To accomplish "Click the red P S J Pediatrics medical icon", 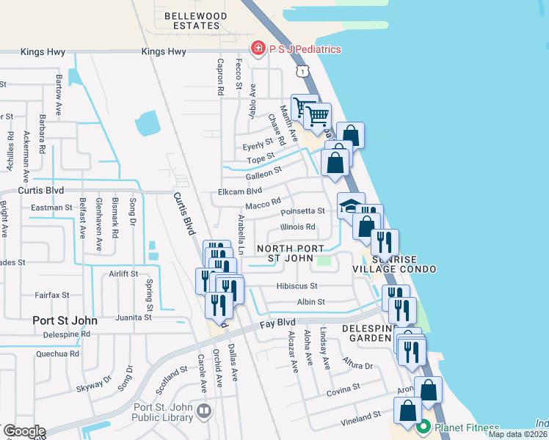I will point(258,49).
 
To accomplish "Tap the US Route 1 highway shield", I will point(302,70).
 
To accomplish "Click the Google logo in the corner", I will point(23,431).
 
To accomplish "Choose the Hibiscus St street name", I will point(297,286).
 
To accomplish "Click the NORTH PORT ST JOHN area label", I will point(289,253).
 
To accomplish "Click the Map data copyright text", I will point(518,434).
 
